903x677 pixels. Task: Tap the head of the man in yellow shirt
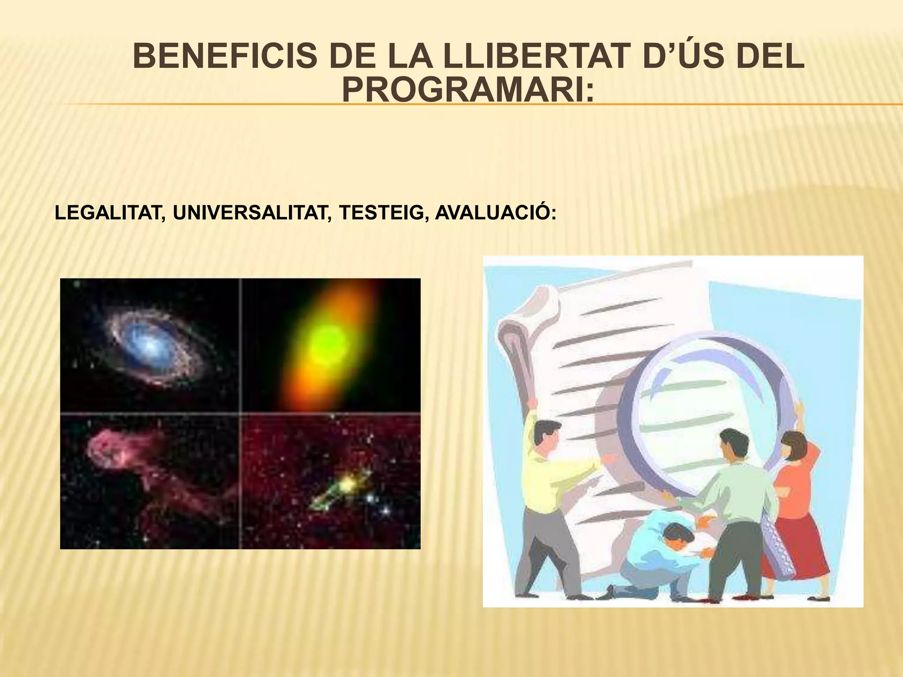click(x=547, y=434)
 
